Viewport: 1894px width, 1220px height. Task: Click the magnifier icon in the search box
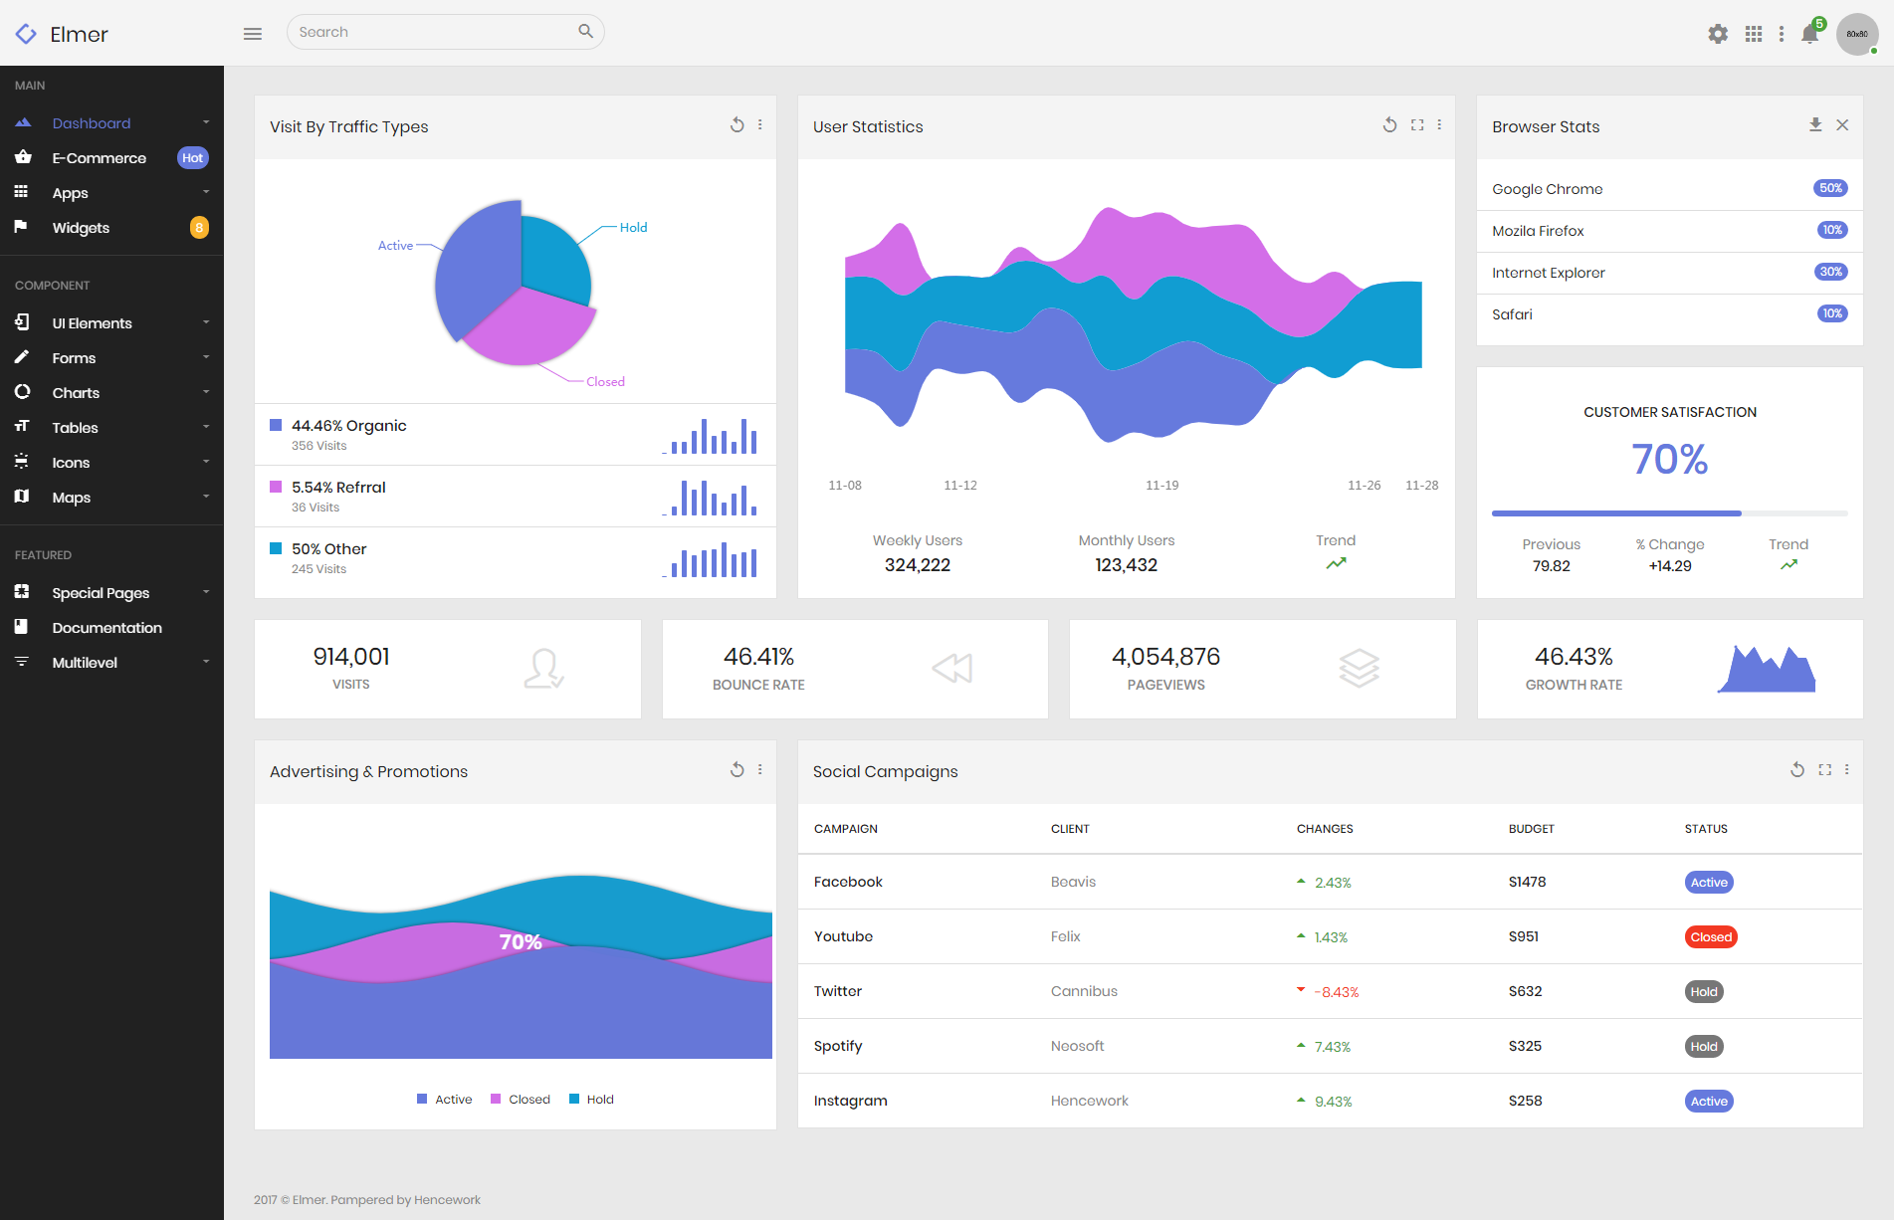click(x=585, y=32)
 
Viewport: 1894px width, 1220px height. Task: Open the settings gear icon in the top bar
click(x=1718, y=34)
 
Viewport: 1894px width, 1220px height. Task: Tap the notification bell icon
click(x=1810, y=35)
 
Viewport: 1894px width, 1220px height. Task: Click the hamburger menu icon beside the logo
click(x=253, y=34)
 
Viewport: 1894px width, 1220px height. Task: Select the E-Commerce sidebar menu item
click(x=99, y=158)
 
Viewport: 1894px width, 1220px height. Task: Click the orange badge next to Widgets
click(x=199, y=228)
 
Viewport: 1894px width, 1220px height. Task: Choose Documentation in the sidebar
click(x=106, y=628)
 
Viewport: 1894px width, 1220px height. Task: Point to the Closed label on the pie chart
click(x=605, y=382)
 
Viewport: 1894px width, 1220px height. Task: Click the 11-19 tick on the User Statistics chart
click(x=1161, y=486)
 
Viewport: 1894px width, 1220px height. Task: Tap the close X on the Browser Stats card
click(x=1842, y=125)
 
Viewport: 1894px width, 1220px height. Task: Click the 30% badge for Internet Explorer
click(x=1830, y=272)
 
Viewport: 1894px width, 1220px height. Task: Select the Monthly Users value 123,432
click(x=1126, y=565)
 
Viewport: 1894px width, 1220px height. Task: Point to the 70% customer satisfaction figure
click(x=1669, y=460)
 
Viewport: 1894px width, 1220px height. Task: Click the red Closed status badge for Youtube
click(x=1711, y=937)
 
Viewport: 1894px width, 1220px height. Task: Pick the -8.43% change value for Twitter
click(x=1336, y=992)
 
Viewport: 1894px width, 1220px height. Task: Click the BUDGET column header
click(x=1531, y=829)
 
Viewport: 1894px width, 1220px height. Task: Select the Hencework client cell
click(x=1089, y=1101)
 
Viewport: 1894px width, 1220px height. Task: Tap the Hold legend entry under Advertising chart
click(x=591, y=1100)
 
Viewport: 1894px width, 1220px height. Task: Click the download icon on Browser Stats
click(x=1815, y=125)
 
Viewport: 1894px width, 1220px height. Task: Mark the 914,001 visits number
click(x=351, y=657)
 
